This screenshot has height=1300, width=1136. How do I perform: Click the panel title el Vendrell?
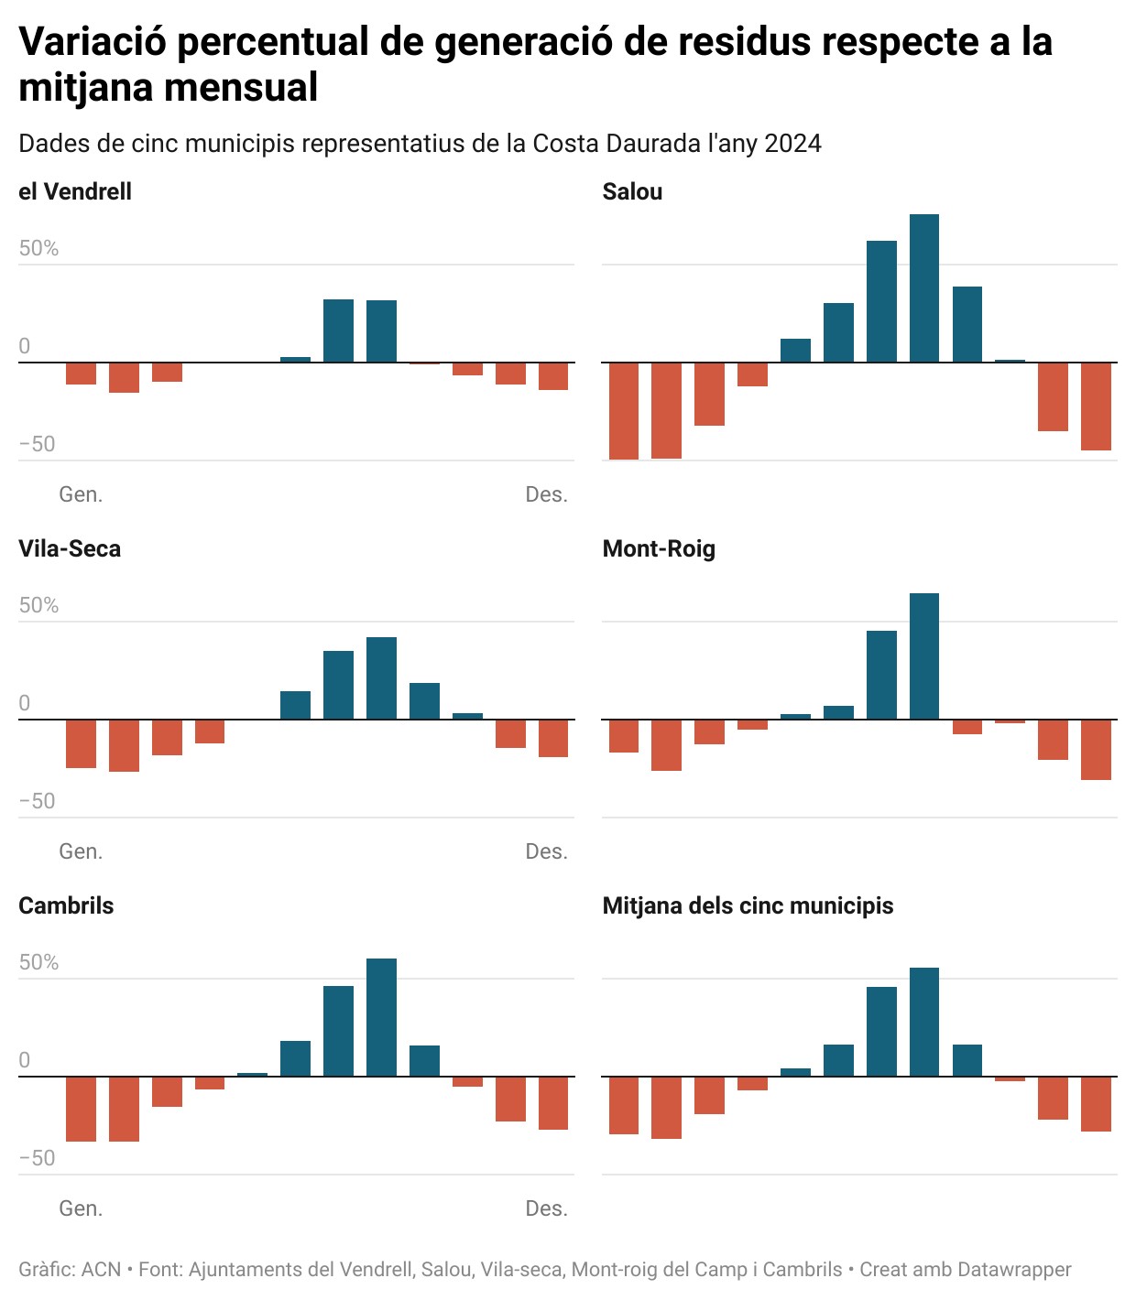[x=75, y=191]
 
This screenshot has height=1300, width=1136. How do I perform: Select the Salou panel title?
[x=632, y=191]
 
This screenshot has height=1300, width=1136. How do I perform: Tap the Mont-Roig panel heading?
[x=659, y=548]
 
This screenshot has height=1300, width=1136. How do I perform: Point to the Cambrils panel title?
[x=66, y=905]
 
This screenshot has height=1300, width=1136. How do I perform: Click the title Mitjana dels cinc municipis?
[x=748, y=905]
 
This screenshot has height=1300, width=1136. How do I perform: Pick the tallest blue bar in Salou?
[x=923, y=288]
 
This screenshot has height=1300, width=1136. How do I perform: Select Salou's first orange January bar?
[x=624, y=410]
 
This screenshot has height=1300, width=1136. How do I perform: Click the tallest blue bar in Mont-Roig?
[x=923, y=656]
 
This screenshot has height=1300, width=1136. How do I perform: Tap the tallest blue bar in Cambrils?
[x=381, y=1017]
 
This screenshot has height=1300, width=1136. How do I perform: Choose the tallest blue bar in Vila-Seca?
[x=381, y=678]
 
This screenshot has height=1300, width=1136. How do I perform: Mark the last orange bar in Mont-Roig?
[x=1096, y=750]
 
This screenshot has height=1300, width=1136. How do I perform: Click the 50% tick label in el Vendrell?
[x=38, y=249]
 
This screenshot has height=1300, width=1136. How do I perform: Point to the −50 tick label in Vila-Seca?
[x=38, y=801]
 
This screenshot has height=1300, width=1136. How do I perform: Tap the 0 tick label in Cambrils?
[x=25, y=1060]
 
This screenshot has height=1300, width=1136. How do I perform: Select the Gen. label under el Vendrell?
[x=81, y=494]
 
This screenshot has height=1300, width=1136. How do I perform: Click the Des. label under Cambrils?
[x=546, y=1208]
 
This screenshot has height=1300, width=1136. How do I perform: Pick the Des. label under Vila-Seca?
[x=546, y=851]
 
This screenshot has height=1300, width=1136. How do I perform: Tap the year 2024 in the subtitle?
[x=793, y=144]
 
